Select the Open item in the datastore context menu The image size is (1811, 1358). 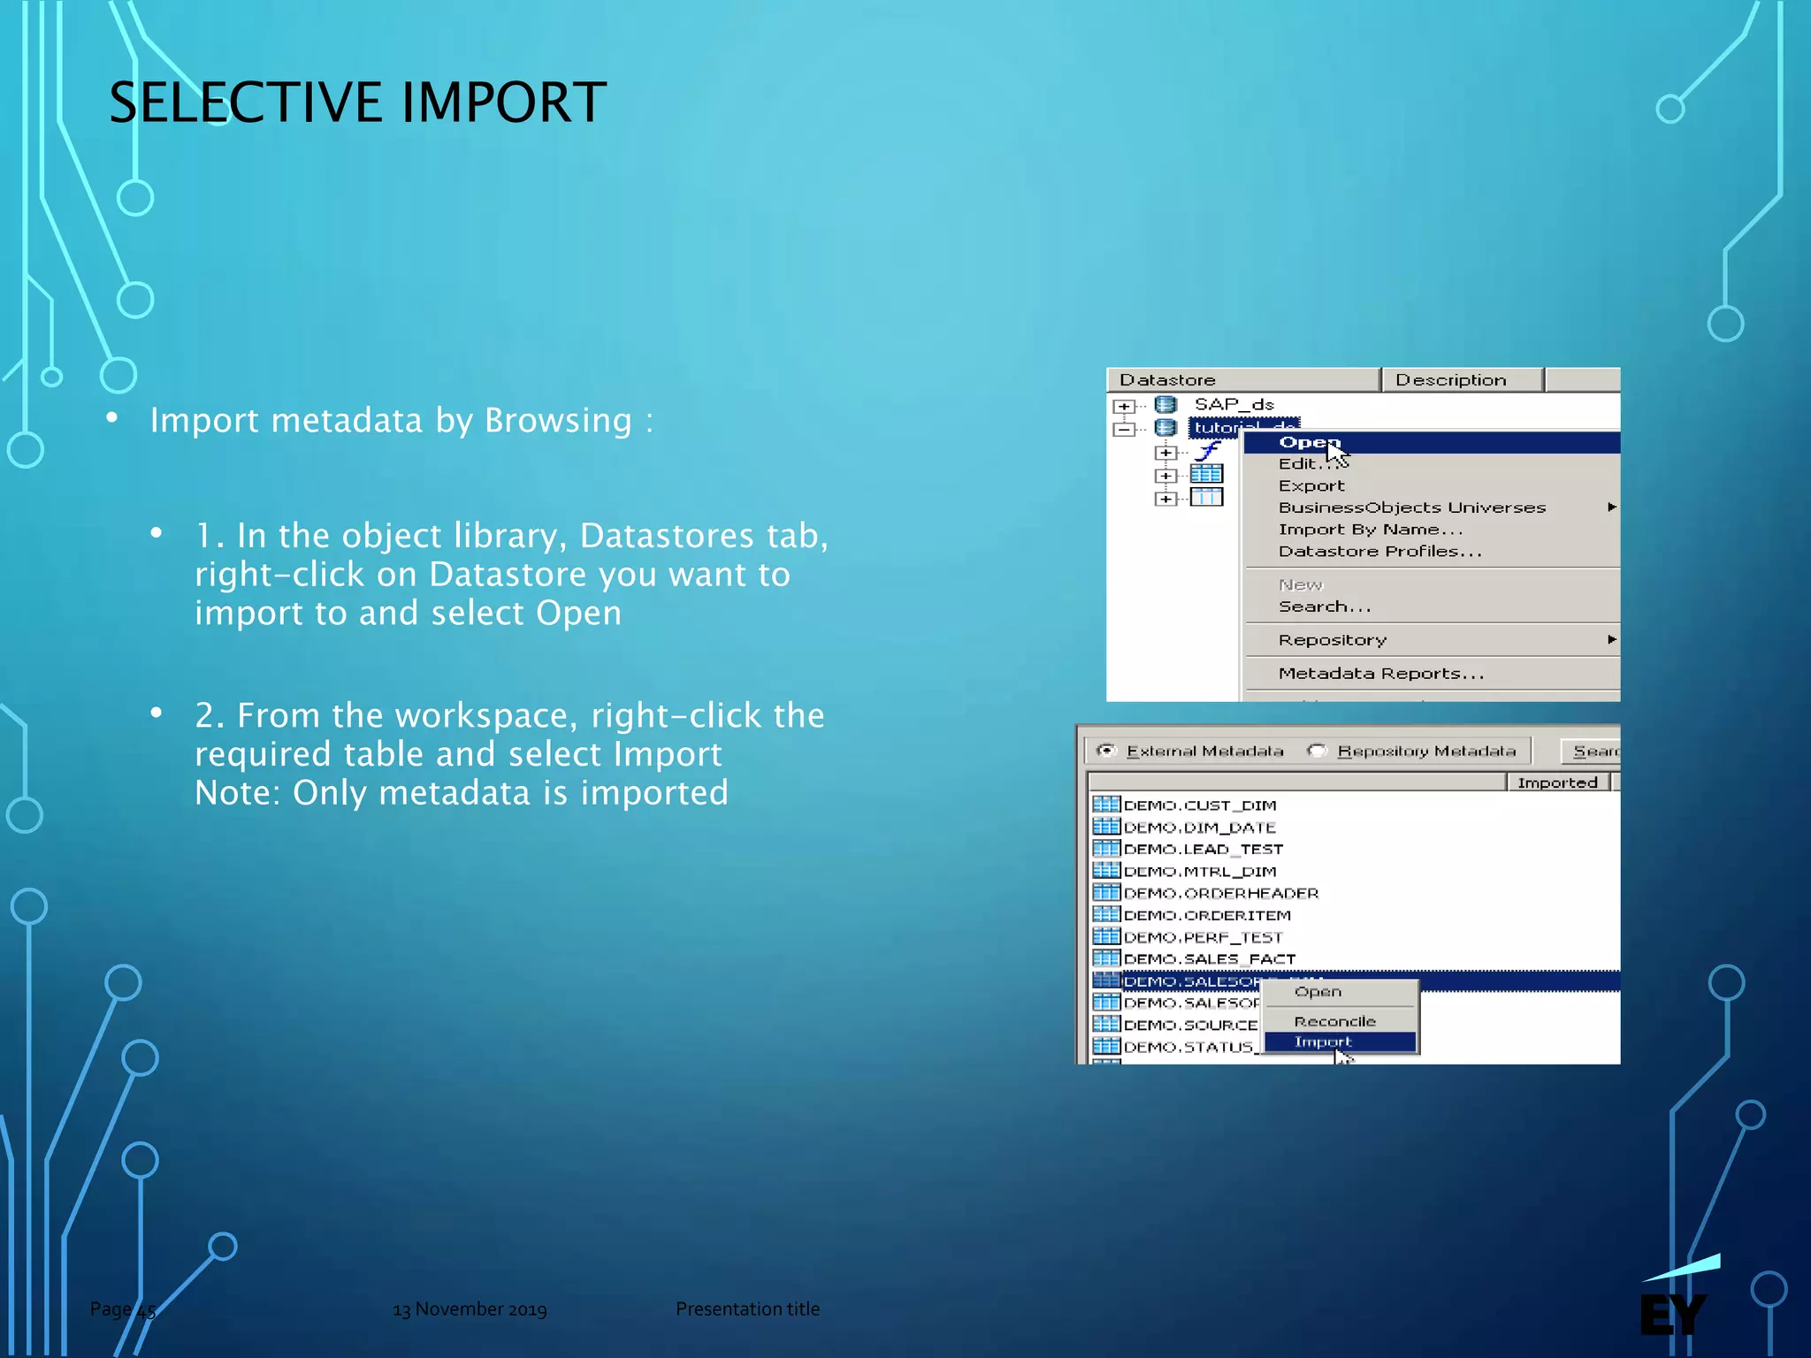tap(1310, 442)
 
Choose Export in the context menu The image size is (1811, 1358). tap(1310, 485)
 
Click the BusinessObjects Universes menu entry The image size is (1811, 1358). tap(1411, 507)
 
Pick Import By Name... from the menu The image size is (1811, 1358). tap(1370, 530)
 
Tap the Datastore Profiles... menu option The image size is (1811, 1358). tap(1379, 552)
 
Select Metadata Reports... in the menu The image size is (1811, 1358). tap(1380, 674)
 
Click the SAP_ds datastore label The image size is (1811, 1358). tap(1234, 404)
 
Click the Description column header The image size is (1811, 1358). tap(1450, 380)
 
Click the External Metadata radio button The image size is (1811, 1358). tap(1105, 751)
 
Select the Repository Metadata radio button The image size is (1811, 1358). tap(1317, 751)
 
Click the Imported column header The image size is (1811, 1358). tap(1557, 782)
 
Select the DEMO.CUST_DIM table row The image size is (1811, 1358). tap(1199, 805)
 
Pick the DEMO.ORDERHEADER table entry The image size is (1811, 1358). tap(1220, 893)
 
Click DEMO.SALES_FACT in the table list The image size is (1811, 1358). tap(1209, 958)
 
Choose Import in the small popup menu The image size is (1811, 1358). tap(1323, 1041)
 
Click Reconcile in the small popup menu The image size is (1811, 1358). tap(1334, 1021)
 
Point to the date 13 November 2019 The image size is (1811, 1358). tap(470, 1309)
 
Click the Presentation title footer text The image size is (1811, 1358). tap(747, 1309)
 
